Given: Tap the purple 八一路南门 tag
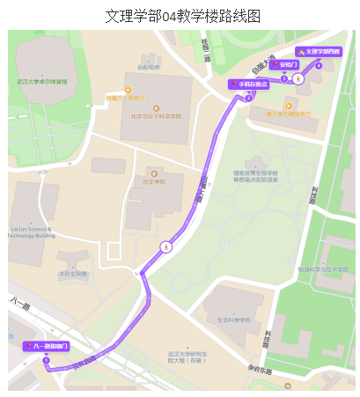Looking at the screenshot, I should click(46, 347).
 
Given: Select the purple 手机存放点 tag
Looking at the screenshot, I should click(248, 85).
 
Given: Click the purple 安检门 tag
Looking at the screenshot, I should click(285, 64).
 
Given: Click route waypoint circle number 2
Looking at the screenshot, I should click(248, 97).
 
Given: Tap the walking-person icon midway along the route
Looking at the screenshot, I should click(165, 247).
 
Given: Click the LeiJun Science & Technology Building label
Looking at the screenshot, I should click(31, 233).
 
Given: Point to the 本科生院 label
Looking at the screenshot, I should click(73, 273).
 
